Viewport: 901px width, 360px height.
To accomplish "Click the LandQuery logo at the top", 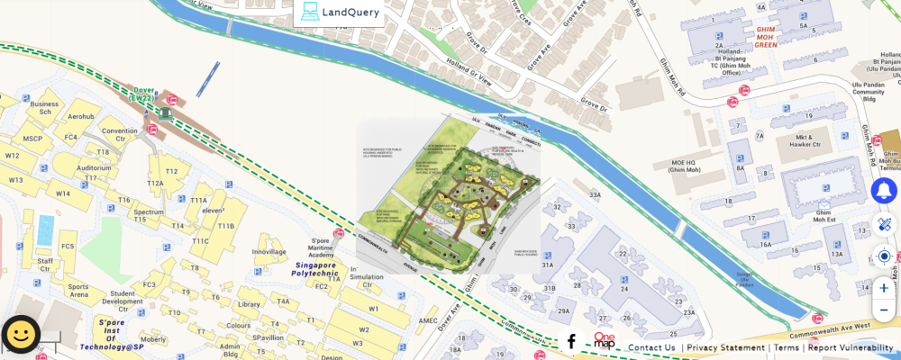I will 339,12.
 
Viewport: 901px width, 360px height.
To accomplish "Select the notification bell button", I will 884,191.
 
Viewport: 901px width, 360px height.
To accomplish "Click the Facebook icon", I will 571,341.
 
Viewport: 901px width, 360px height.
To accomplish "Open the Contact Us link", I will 651,347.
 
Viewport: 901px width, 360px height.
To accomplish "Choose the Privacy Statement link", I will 725,347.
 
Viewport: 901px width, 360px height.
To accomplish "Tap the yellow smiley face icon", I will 21,336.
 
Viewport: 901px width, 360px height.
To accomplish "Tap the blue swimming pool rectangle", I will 43,229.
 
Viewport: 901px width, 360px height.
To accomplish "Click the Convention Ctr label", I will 119,135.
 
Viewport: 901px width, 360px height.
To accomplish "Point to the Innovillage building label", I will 268,252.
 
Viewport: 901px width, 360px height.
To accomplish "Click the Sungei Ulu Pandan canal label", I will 743,280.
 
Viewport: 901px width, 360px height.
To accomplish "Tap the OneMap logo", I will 604,340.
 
